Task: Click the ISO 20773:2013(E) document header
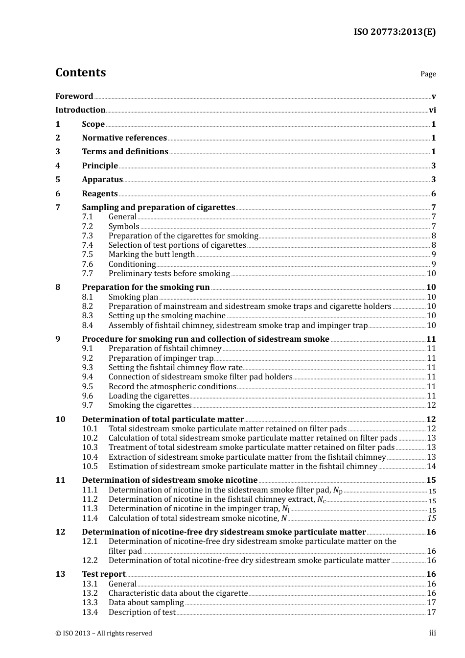coord(395,32)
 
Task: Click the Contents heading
coord(80,72)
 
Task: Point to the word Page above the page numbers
coord(428,74)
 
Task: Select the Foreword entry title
coord(74,96)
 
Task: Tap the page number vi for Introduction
coord(432,110)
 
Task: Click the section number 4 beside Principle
coord(58,166)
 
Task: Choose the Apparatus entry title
coord(102,180)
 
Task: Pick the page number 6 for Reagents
coord(433,194)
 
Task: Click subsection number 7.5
coord(87,255)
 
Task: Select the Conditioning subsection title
coord(132,264)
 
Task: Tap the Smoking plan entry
coord(133,297)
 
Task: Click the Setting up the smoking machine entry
coord(167,316)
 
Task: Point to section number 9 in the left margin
coord(58,339)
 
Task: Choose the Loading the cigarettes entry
coord(149,396)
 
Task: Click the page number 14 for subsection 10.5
coord(431,467)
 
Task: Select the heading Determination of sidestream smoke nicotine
coord(169,480)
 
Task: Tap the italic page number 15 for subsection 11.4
coord(431,518)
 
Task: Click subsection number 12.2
coord(90,561)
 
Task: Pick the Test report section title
coord(104,574)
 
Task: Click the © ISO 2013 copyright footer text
coord(104,634)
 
